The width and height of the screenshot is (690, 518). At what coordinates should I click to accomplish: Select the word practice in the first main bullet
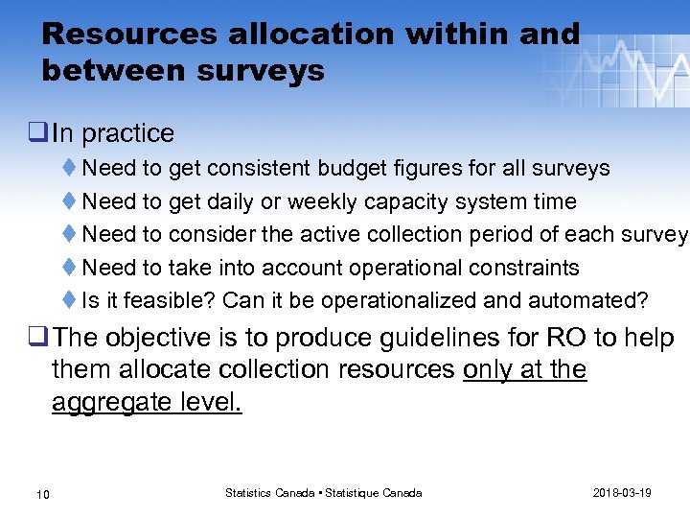tap(127, 133)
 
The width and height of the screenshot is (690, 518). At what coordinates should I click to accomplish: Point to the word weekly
tap(325, 201)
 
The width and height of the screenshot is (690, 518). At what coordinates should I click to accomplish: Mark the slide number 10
tap(42, 493)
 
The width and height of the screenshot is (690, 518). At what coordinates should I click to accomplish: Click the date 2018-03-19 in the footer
tap(623, 492)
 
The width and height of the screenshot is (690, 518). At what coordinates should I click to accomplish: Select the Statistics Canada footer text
tap(323, 492)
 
